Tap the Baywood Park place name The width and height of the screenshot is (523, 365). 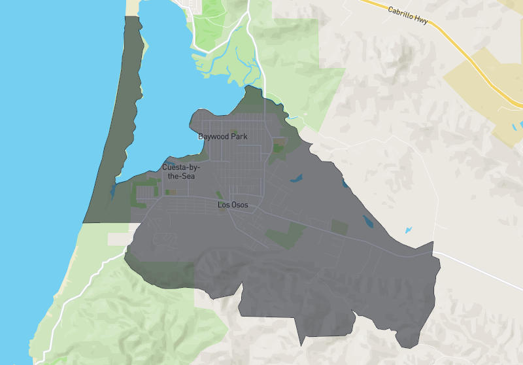(222, 137)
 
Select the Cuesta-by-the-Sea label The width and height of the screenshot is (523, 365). (181, 171)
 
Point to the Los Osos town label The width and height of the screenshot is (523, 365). (233, 205)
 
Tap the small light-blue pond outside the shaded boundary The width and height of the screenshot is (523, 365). (409, 230)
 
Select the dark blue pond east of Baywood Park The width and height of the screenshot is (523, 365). (296, 177)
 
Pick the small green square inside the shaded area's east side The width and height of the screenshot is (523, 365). (339, 227)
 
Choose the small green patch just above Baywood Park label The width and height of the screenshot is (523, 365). (233, 131)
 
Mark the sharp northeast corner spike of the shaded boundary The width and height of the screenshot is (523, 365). (432, 243)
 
